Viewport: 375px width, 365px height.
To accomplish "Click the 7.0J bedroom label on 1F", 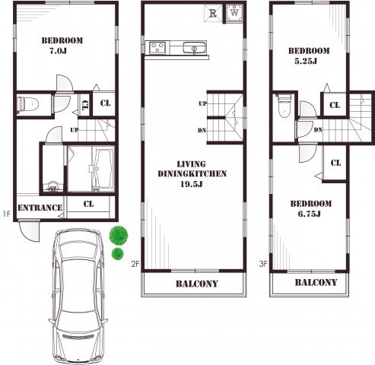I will pos(62,51).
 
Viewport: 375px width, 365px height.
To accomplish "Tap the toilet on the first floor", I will pos(29,104).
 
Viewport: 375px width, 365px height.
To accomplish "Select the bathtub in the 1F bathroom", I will pos(102,169).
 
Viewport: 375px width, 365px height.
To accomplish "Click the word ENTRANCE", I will pos(40,208).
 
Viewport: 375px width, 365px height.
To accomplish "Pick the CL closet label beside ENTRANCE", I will pos(88,204).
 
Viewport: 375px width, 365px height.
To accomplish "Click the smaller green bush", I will pos(118,253).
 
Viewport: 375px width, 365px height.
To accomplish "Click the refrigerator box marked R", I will pos(214,13).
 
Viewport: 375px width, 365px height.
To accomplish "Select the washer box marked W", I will pos(234,13).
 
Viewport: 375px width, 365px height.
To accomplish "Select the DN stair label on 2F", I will pos(202,130).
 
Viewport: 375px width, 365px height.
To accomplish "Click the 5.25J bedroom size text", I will pos(309,62).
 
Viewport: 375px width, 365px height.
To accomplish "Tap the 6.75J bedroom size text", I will pos(310,214).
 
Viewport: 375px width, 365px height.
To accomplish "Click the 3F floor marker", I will pos(262,265).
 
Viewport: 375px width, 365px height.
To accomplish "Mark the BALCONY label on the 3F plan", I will pos(315,282).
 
